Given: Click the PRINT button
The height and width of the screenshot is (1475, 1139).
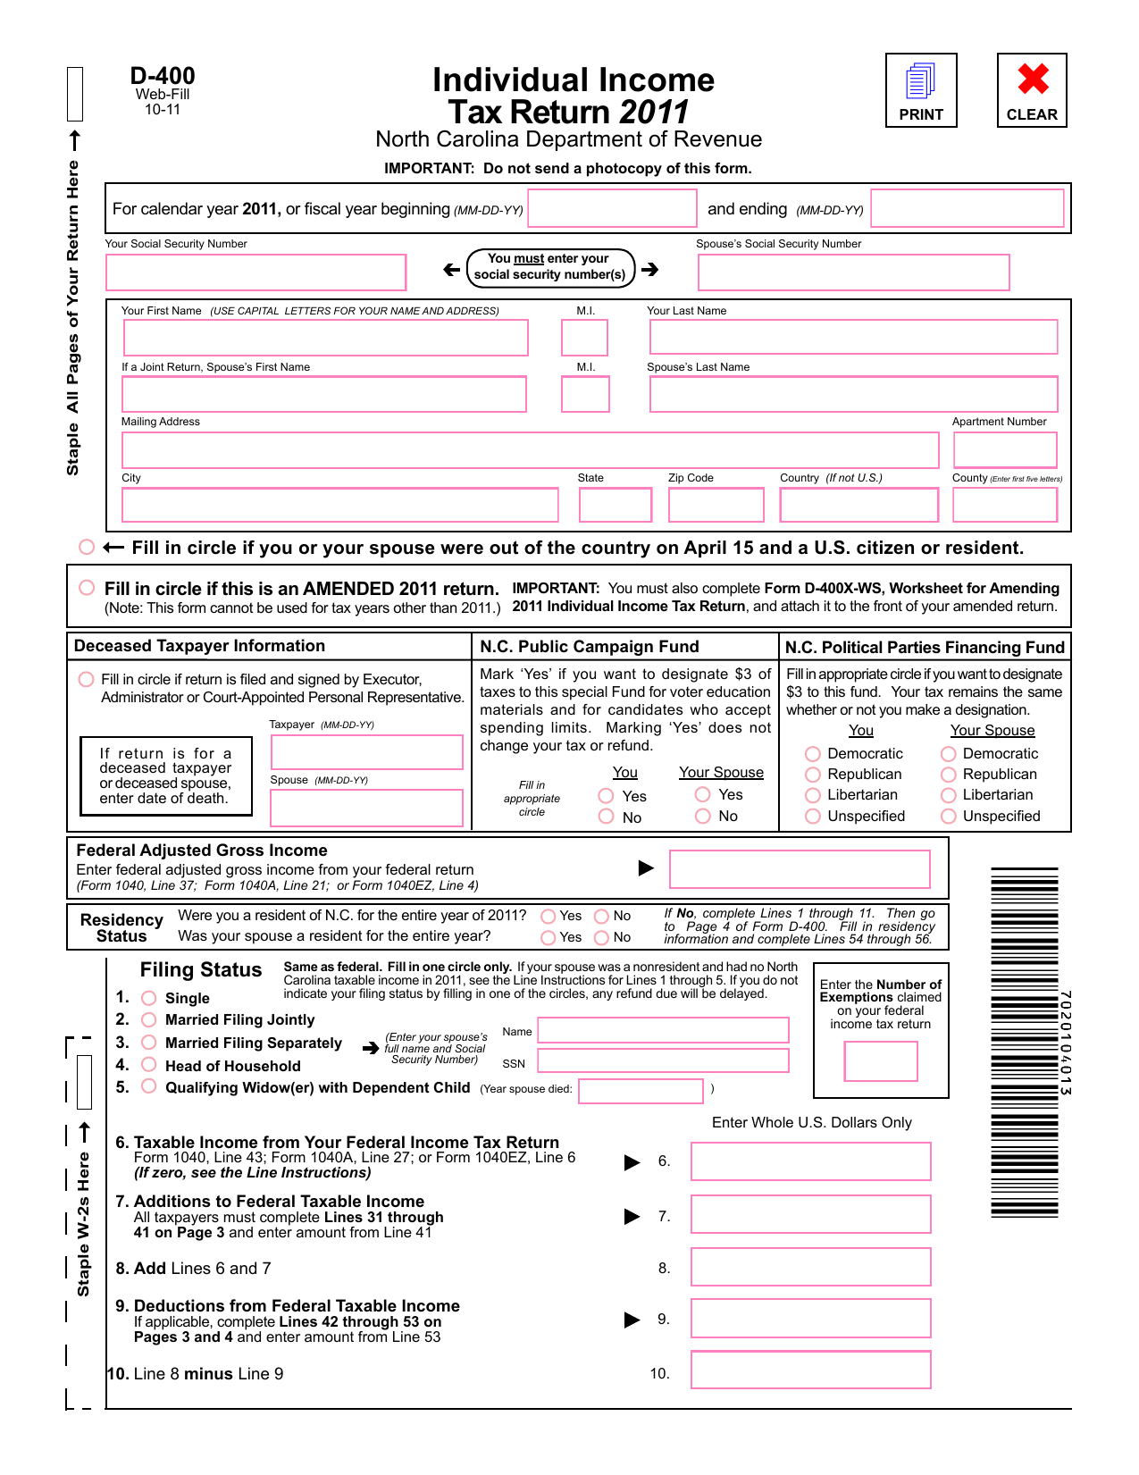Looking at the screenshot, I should (x=921, y=90).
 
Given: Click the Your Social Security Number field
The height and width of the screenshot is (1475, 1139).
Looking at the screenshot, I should (x=255, y=272).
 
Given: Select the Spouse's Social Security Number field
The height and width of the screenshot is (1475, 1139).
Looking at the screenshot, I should (x=853, y=272).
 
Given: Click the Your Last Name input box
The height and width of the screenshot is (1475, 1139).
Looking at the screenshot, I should (x=852, y=337).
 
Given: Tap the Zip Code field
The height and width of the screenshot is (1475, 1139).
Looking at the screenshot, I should (x=716, y=505).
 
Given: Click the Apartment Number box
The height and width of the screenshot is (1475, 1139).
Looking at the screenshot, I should (x=1005, y=450).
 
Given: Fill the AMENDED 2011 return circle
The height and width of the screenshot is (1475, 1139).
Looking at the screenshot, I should (x=87, y=588).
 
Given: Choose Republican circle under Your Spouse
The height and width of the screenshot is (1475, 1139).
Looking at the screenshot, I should (x=949, y=775).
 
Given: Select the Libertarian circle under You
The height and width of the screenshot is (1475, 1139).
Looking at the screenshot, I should (x=813, y=795).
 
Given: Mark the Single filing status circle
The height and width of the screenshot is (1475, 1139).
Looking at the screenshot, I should (x=149, y=998).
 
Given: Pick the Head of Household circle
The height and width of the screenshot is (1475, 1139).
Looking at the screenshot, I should (x=149, y=1065).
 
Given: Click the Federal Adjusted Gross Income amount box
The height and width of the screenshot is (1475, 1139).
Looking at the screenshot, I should (x=800, y=869).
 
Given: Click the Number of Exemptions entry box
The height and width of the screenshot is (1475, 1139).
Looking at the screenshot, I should (x=880, y=1061).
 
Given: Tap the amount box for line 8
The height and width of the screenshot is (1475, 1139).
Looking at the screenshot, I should (x=810, y=1267).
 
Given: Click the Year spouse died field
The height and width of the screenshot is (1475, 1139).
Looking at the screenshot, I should (x=641, y=1091).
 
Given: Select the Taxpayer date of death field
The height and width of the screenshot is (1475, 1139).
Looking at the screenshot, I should (x=366, y=752).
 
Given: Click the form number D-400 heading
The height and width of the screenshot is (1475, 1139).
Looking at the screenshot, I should (x=163, y=77).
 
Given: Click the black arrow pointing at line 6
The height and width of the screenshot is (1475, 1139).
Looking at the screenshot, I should (x=632, y=1162).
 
